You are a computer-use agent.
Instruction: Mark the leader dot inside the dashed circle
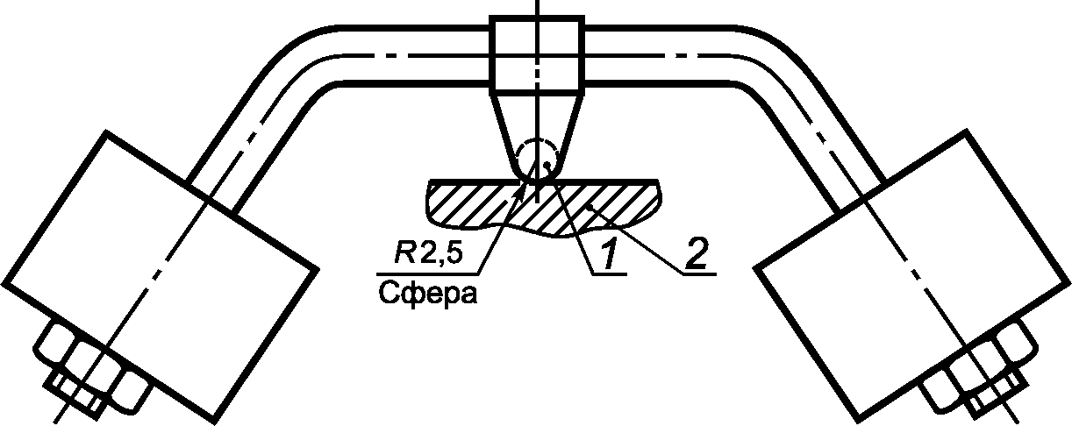[547, 163]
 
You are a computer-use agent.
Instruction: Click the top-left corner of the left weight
[107, 131]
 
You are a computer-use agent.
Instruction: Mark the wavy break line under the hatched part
[544, 233]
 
